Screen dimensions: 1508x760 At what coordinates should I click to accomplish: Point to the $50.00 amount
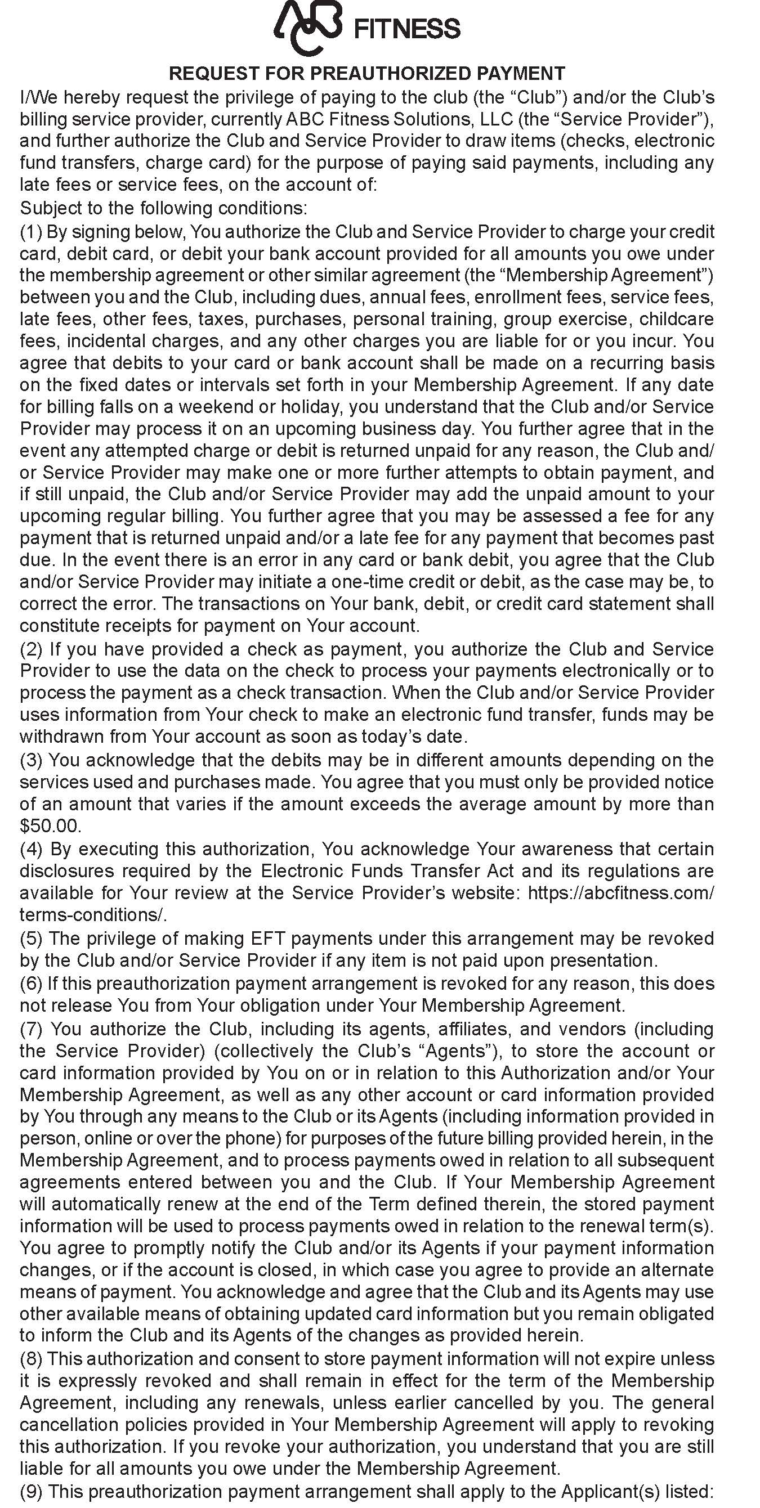coord(49,826)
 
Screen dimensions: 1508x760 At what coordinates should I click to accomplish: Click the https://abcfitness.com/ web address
coord(620,893)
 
